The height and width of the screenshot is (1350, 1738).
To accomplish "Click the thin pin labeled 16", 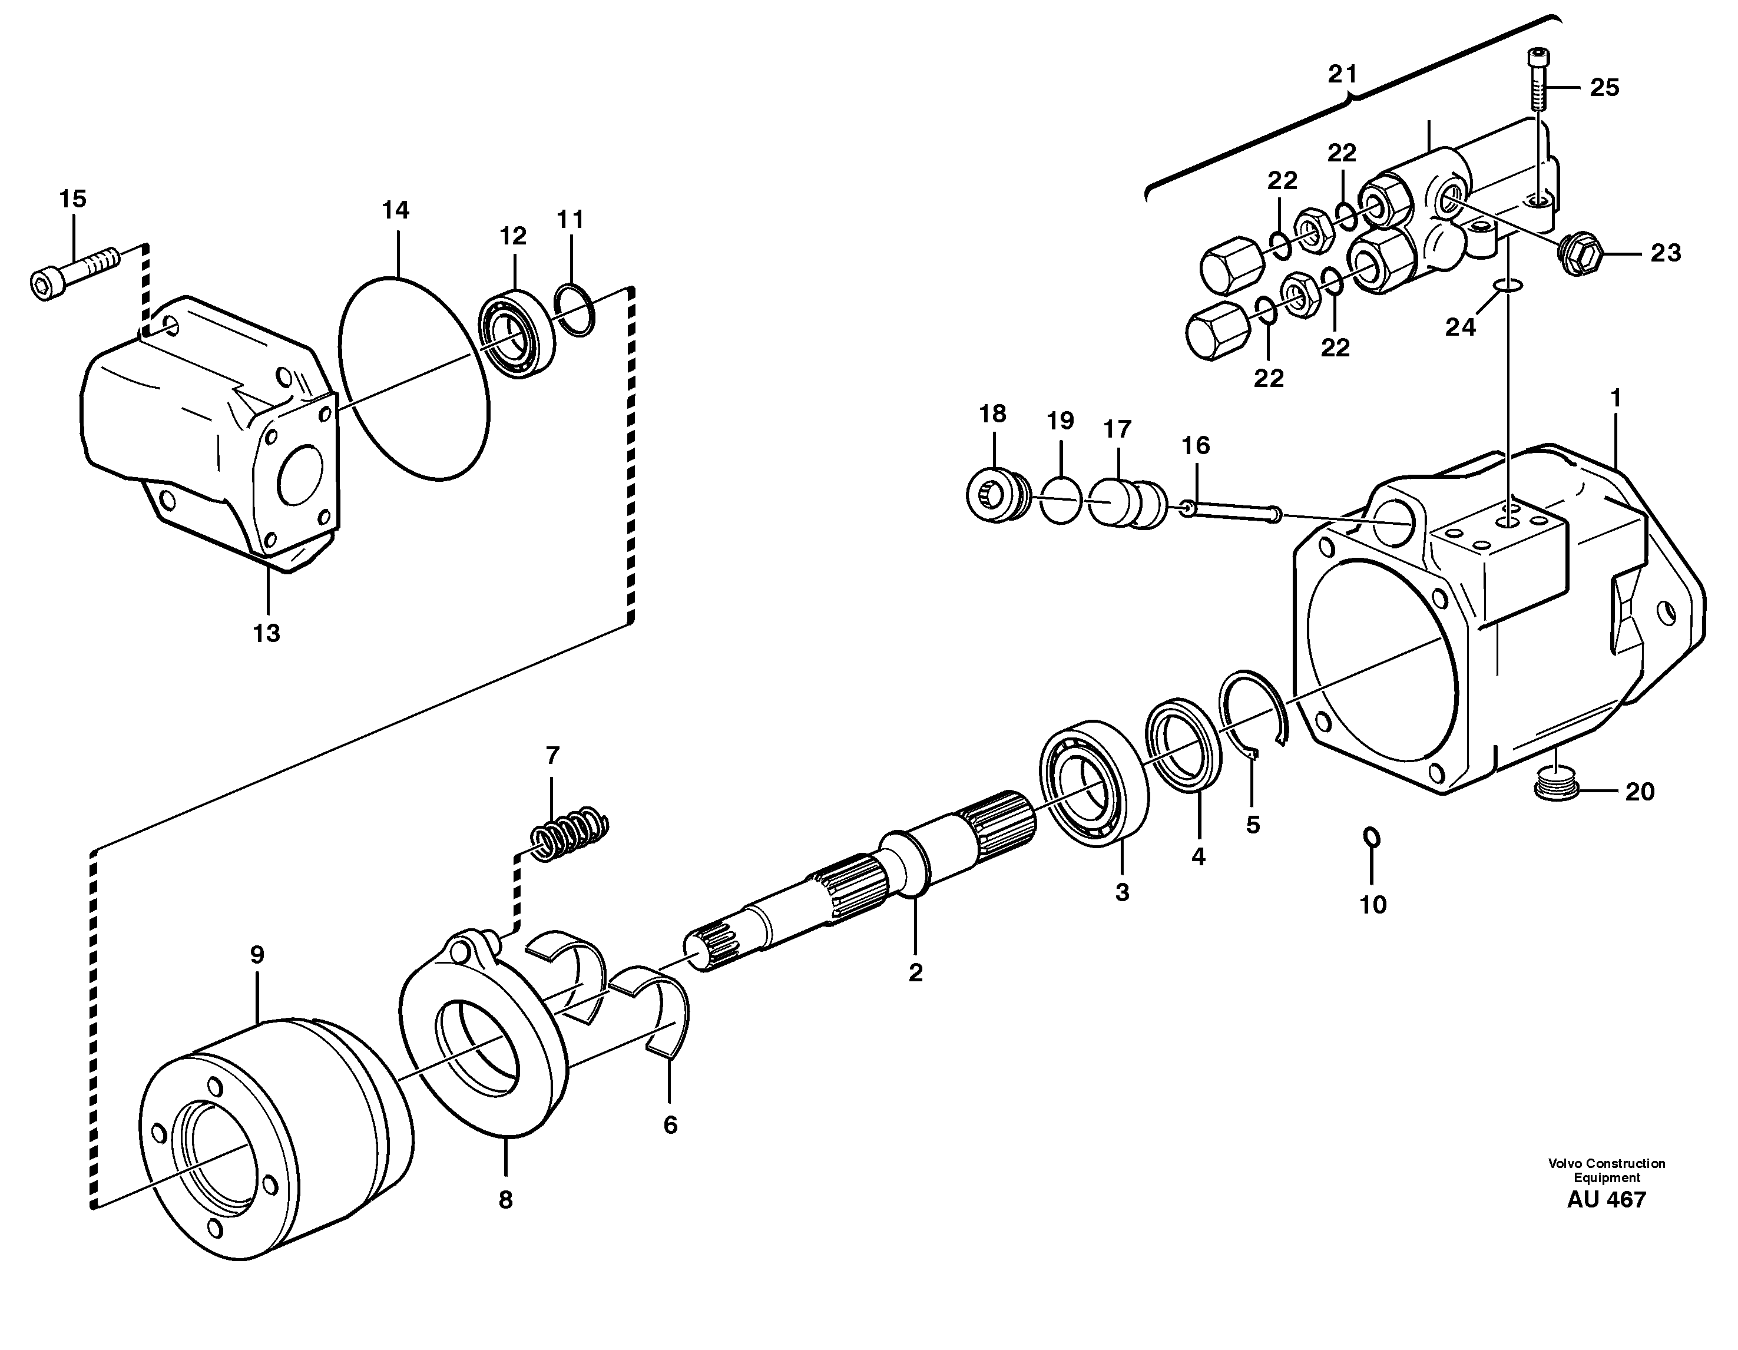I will [1230, 512].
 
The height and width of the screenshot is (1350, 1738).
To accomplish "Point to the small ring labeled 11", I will [575, 310].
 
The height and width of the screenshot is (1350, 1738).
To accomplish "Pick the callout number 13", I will [267, 634].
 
